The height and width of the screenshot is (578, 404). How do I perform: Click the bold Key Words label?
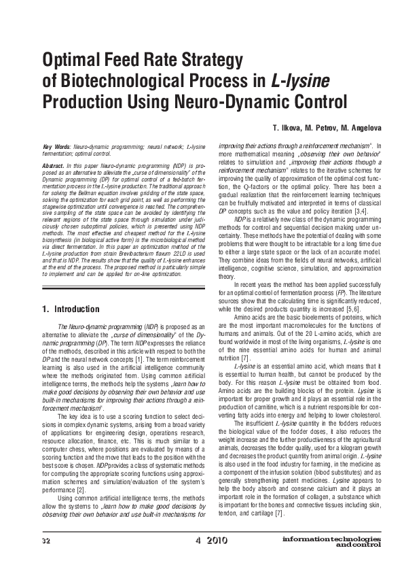[x=56, y=147]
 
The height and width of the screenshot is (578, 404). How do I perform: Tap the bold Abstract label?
[x=53, y=165]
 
